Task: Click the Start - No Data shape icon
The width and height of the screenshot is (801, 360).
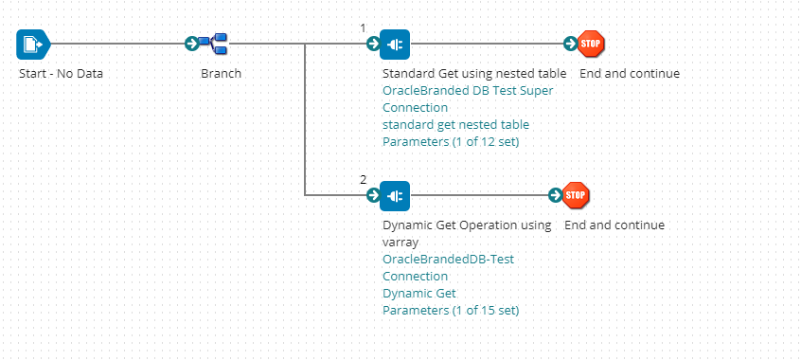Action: pyautogui.click(x=31, y=44)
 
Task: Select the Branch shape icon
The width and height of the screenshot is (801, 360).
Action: pyautogui.click(x=218, y=44)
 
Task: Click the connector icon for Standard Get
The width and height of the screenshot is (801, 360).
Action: pyautogui.click(x=395, y=44)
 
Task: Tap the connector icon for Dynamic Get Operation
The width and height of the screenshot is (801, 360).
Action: pyautogui.click(x=395, y=195)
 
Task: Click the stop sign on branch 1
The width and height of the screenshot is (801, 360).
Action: pyautogui.click(x=591, y=44)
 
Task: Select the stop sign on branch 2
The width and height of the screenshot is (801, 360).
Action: pyautogui.click(x=576, y=195)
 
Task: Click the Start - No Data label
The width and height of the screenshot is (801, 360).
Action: pyautogui.click(x=61, y=74)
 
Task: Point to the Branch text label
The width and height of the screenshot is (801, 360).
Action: pyautogui.click(x=221, y=74)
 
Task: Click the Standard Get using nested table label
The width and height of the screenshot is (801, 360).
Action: pyautogui.click(x=473, y=74)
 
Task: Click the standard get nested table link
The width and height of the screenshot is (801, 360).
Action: pyautogui.click(x=455, y=125)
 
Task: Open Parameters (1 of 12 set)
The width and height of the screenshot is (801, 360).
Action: pyautogui.click(x=451, y=142)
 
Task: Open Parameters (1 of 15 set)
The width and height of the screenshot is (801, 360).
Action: pyautogui.click(x=451, y=311)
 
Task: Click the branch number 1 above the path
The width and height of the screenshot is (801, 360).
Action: pyautogui.click(x=363, y=27)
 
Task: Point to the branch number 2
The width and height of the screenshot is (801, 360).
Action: pyautogui.click(x=363, y=179)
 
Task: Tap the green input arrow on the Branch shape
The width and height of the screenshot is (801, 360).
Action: pyautogui.click(x=191, y=44)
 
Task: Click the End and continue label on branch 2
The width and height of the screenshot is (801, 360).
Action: pyautogui.click(x=614, y=225)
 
